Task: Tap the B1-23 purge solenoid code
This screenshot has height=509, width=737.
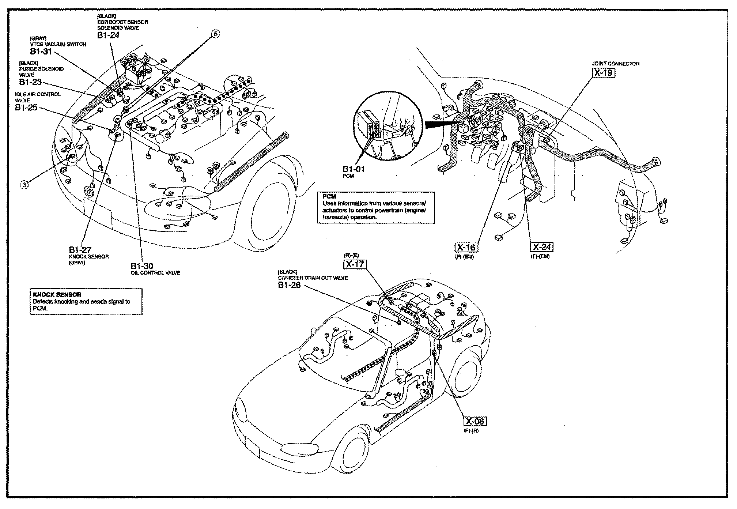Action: coord(30,82)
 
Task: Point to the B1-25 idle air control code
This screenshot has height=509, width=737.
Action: coord(26,108)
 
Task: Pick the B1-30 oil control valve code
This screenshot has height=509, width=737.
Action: coord(142,266)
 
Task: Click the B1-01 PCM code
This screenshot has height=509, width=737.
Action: coord(354,169)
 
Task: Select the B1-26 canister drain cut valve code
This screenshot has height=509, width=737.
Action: coord(289,285)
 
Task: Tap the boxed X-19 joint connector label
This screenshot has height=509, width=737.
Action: coord(603,72)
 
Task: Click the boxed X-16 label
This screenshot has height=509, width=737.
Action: coord(466,248)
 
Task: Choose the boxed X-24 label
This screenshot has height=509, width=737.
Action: coord(542,247)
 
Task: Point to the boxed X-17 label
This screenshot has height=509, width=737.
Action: coord(354,264)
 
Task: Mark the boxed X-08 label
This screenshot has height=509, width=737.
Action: coord(475,422)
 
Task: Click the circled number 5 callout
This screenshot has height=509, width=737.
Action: coord(215,34)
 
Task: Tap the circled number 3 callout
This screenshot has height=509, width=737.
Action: coord(24,185)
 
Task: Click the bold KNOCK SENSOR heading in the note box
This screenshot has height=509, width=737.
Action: coord(57,295)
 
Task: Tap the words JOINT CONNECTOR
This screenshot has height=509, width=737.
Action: coord(615,64)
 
